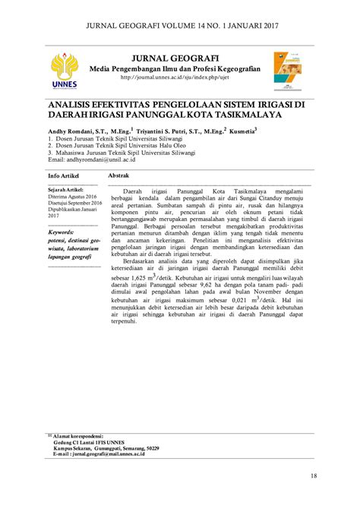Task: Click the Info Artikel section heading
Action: pos(63,175)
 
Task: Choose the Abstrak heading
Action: pos(122,175)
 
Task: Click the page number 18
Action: pos(313,476)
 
